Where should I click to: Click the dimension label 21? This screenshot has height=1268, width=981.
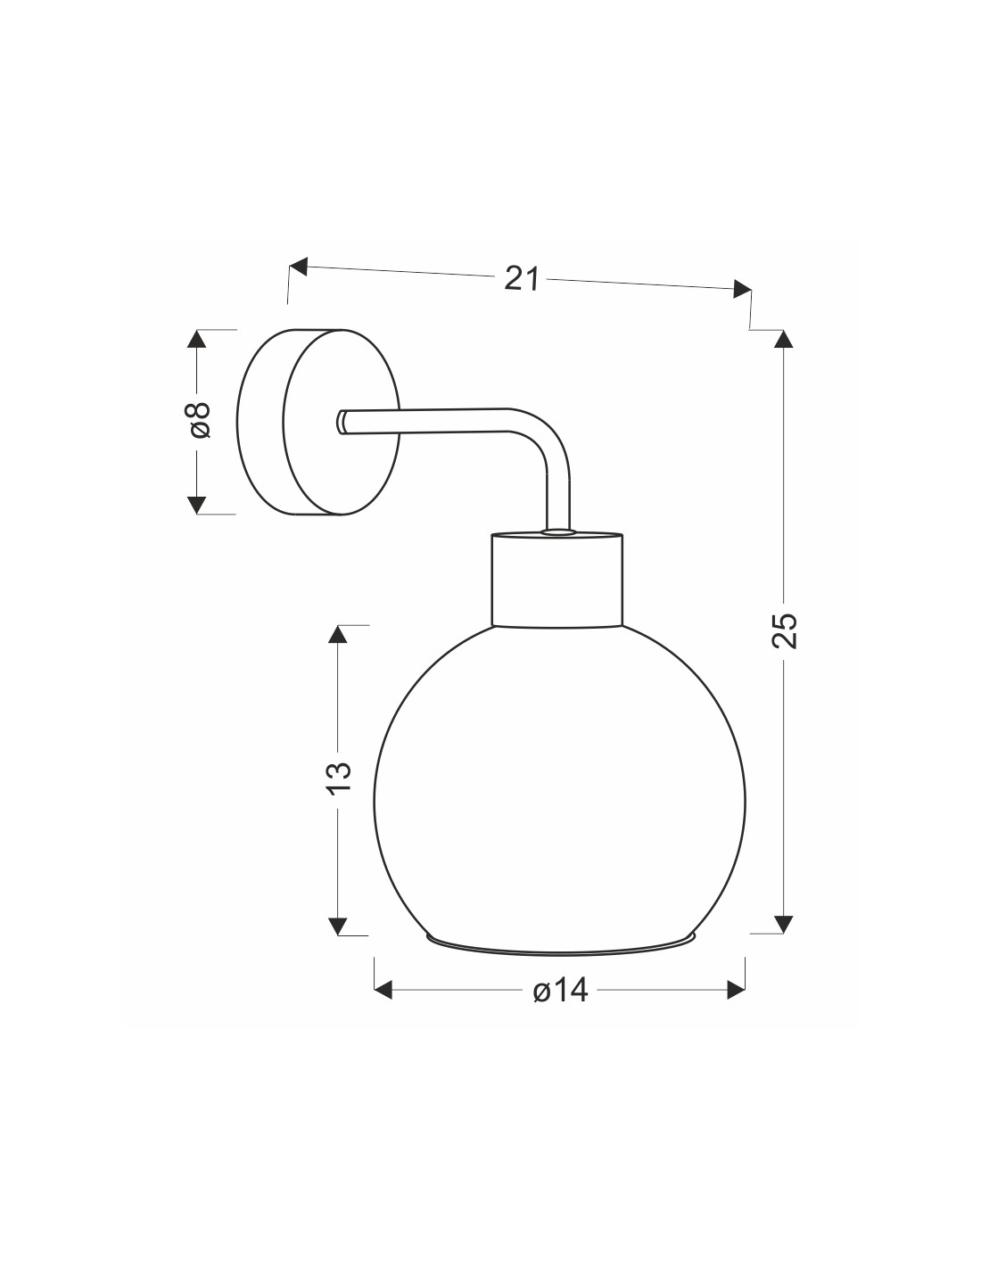[522, 277]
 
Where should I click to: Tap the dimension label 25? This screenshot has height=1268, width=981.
[784, 630]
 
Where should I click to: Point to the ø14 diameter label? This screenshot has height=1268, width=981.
[560, 991]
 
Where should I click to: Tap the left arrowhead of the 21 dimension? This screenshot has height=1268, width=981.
[298, 267]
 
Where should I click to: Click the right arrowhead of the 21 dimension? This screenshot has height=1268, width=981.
[742, 289]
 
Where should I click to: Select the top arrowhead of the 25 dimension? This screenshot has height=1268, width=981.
[783, 339]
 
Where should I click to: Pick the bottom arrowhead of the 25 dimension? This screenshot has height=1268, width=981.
[783, 925]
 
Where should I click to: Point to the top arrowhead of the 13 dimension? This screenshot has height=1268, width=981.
[338, 634]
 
